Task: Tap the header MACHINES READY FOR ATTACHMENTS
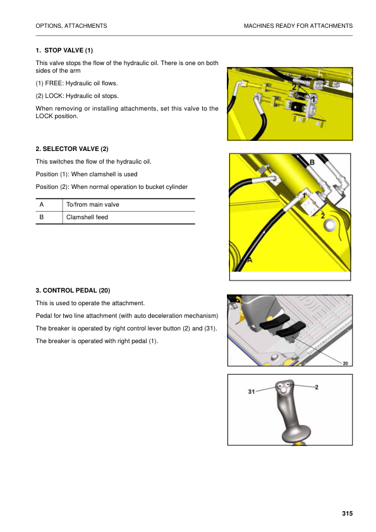click(298, 25)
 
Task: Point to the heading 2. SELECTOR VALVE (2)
click(72, 148)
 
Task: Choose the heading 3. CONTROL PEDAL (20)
click(73, 290)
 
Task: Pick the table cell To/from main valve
click(93, 205)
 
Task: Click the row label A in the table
click(41, 205)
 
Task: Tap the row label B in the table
click(41, 217)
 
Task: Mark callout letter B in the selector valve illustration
click(312, 163)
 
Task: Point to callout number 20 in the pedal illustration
click(345, 363)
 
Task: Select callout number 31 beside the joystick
click(252, 392)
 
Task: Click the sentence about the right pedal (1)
click(97, 341)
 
